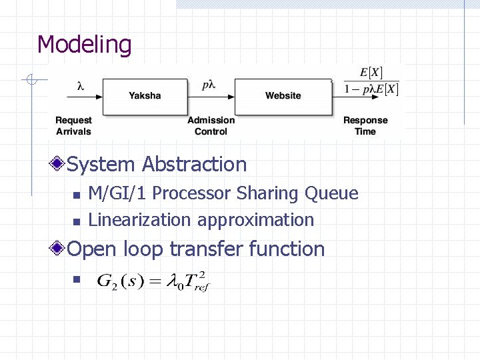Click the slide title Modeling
point(85,45)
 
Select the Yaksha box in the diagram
point(145,96)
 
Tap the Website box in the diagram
point(283,96)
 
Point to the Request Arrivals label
point(73,125)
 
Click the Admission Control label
point(211,125)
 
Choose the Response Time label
point(365,125)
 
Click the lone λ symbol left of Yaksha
point(80,85)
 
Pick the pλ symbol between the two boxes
point(210,85)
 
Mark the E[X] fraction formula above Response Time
point(371,81)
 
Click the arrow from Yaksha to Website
point(211,96)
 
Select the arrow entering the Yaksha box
point(77,96)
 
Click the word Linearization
point(140,219)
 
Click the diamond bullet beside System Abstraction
point(59,164)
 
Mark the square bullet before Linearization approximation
point(76,221)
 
